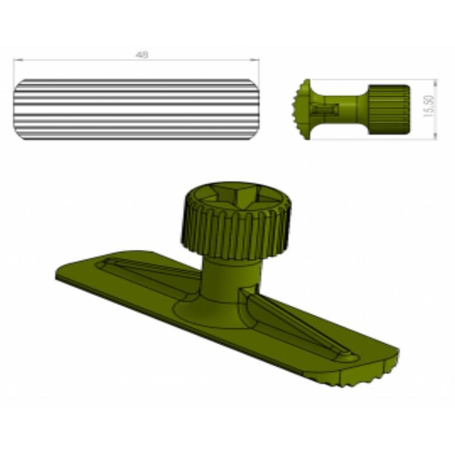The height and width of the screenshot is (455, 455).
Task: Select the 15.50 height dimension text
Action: (x=430, y=106)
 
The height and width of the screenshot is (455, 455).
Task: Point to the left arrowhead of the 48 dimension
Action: (x=16, y=60)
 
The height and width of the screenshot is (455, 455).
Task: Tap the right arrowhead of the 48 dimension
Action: (x=256, y=60)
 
